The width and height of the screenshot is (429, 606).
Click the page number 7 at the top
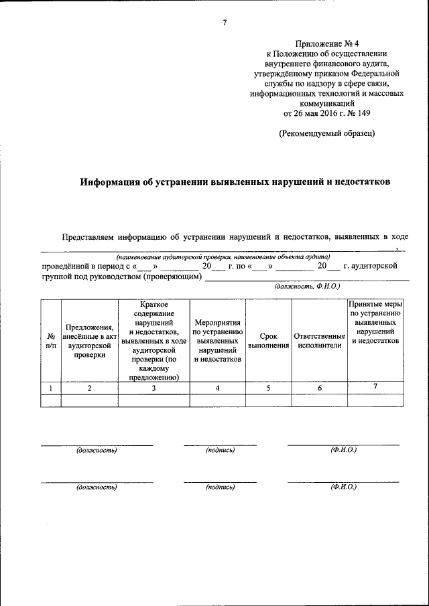(x=225, y=23)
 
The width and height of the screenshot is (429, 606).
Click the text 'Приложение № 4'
(x=326, y=42)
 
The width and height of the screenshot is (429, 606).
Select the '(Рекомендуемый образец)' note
(x=326, y=133)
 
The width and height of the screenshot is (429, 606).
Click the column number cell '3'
(x=155, y=388)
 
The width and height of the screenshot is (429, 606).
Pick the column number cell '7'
(x=375, y=387)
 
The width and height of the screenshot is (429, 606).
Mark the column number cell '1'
(x=50, y=388)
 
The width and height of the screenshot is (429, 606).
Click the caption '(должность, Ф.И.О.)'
(x=307, y=287)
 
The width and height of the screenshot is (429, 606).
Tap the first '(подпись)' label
(x=221, y=450)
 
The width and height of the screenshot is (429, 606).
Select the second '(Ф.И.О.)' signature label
(x=343, y=487)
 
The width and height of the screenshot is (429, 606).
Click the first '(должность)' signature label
(x=97, y=450)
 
